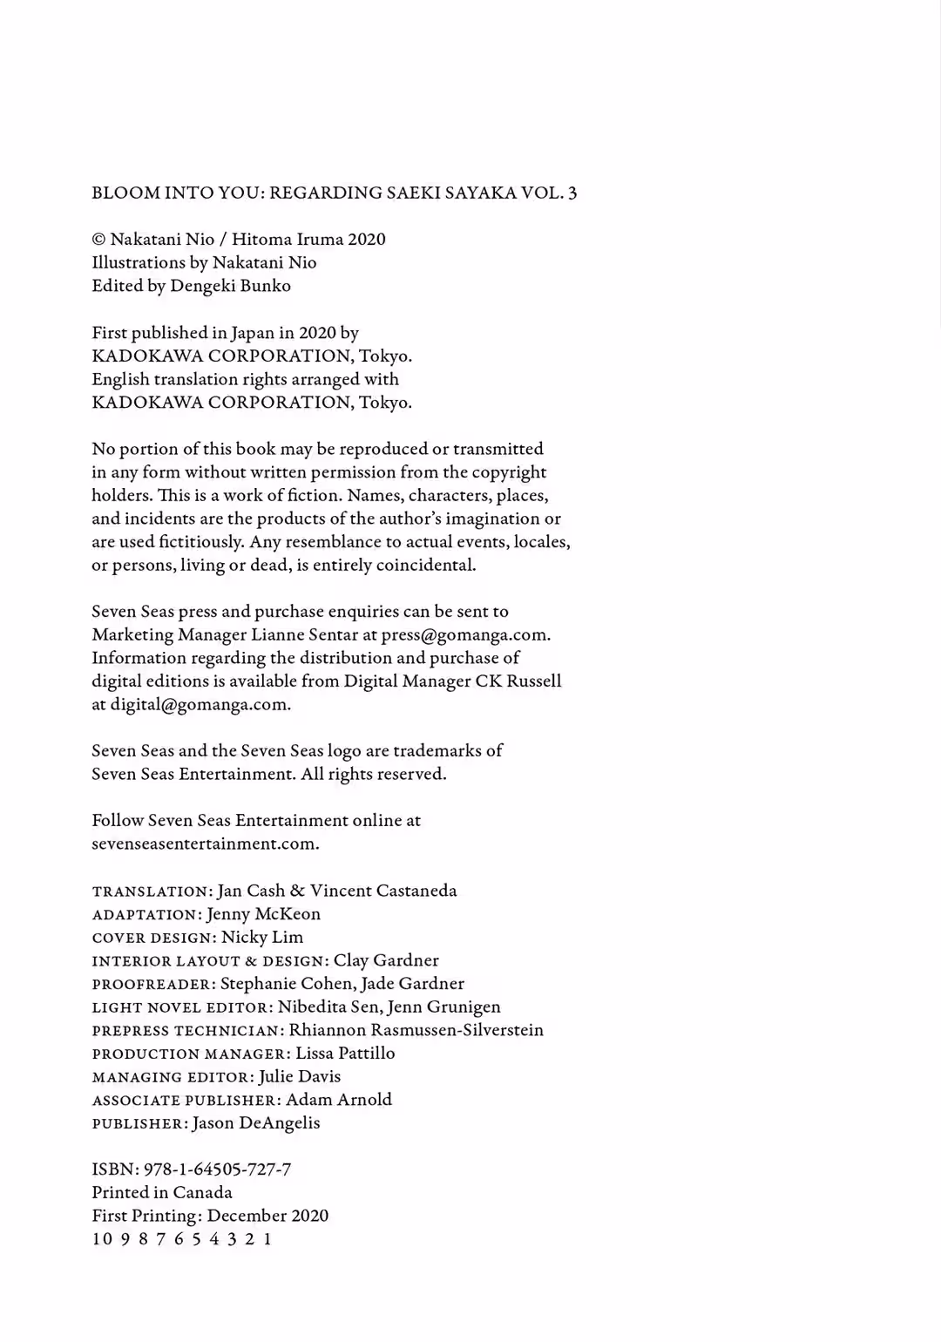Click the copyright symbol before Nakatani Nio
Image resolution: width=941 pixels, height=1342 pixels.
[x=98, y=240]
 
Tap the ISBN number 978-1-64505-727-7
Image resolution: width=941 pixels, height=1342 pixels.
[x=217, y=1169]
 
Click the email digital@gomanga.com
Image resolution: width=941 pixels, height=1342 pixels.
[x=200, y=705]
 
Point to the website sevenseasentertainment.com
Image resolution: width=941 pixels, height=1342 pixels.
[x=205, y=844]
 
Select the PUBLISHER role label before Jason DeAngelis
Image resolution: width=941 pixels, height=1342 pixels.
[x=139, y=1124]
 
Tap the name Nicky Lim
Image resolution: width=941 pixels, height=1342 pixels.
[x=262, y=938]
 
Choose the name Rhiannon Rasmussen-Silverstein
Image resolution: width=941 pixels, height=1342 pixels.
[x=416, y=1030]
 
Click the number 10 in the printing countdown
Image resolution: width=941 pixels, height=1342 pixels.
[x=102, y=1239]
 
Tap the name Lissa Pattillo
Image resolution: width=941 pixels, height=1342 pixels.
[x=345, y=1054]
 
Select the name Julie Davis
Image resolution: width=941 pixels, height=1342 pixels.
[x=300, y=1077]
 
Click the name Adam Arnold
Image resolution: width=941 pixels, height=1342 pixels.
[x=339, y=1100]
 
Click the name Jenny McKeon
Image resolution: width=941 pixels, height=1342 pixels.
[x=263, y=914]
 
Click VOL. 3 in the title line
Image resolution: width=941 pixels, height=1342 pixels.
[x=549, y=193]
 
